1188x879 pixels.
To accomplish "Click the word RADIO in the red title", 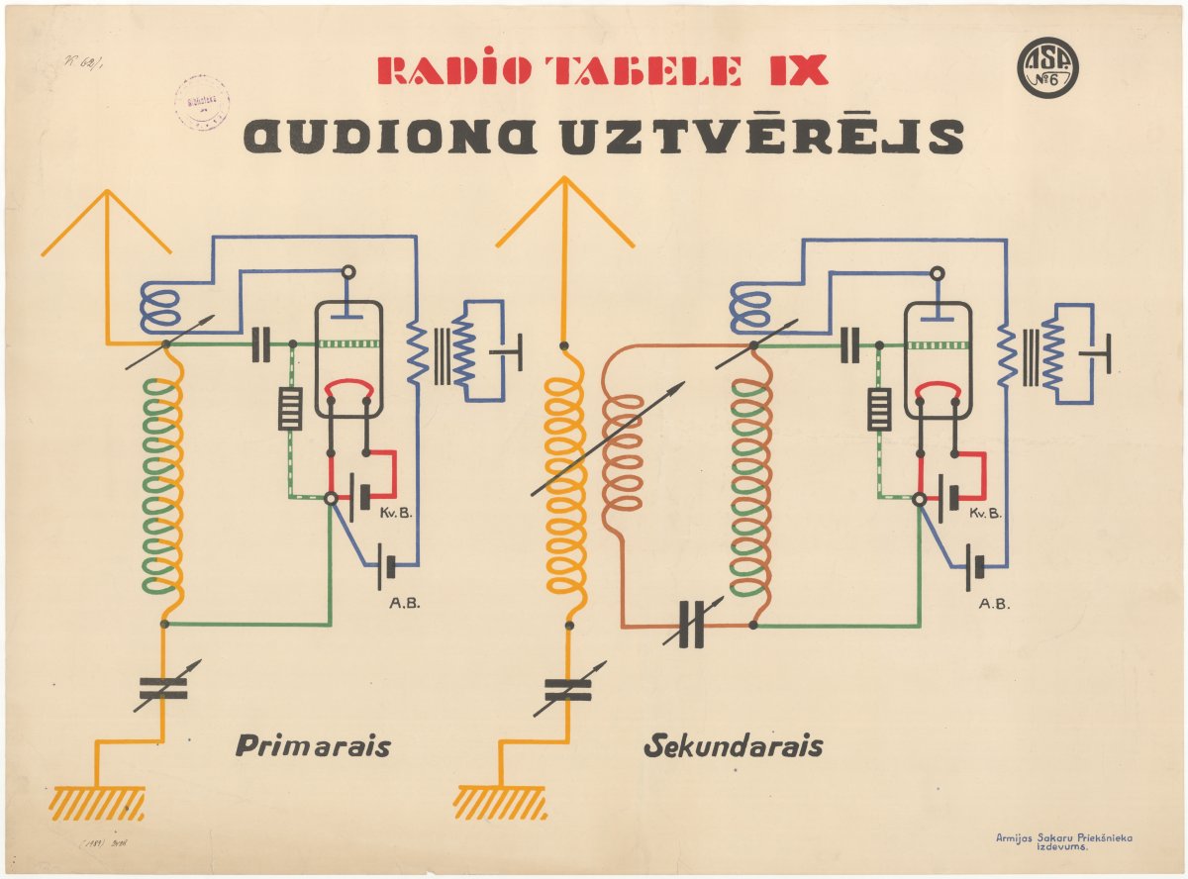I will tap(458, 71).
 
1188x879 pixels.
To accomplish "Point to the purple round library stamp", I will tap(202, 102).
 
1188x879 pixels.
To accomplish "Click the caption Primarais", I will tap(313, 745).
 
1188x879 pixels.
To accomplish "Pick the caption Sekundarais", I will tap(733, 745).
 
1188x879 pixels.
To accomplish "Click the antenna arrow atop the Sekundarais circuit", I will tap(564, 213).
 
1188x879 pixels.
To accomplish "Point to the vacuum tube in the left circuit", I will tap(348, 358).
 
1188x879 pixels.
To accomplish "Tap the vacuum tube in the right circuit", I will tap(937, 358).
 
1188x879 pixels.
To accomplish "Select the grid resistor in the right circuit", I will tap(878, 408).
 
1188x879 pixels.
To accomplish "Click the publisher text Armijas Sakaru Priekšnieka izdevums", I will tap(1063, 842).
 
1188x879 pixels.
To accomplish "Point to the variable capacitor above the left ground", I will tap(163, 688).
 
